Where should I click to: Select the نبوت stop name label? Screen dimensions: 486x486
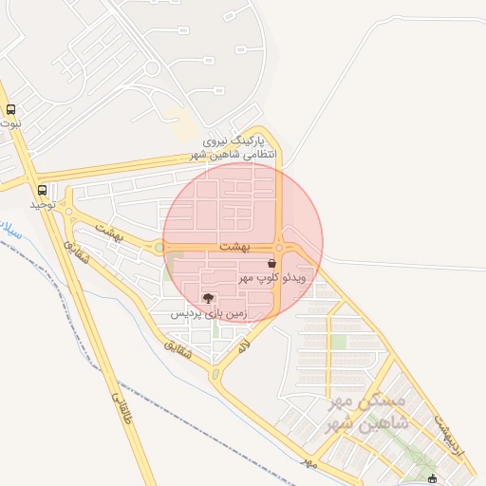[10, 123]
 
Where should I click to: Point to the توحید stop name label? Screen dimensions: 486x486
[39, 203]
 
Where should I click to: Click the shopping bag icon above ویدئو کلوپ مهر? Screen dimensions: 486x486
[272, 262]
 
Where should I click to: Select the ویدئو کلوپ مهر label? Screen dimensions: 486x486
[271, 277]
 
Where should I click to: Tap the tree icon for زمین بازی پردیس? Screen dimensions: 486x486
[208, 299]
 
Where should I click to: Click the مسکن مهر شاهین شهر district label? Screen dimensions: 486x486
[366, 413]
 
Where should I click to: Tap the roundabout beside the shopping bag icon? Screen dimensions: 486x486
[279, 248]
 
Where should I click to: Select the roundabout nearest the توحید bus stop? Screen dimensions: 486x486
[68, 212]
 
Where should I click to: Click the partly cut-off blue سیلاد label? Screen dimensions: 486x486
[9, 231]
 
